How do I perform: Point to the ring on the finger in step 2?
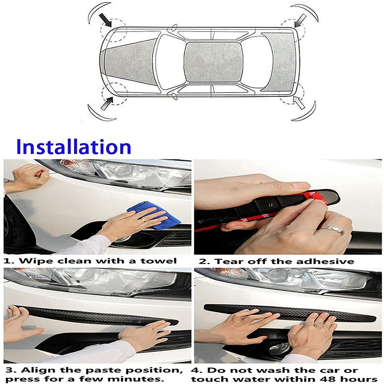click(332, 229)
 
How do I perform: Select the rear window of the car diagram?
click(278, 61)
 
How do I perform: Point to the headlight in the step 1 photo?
click(125, 170)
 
